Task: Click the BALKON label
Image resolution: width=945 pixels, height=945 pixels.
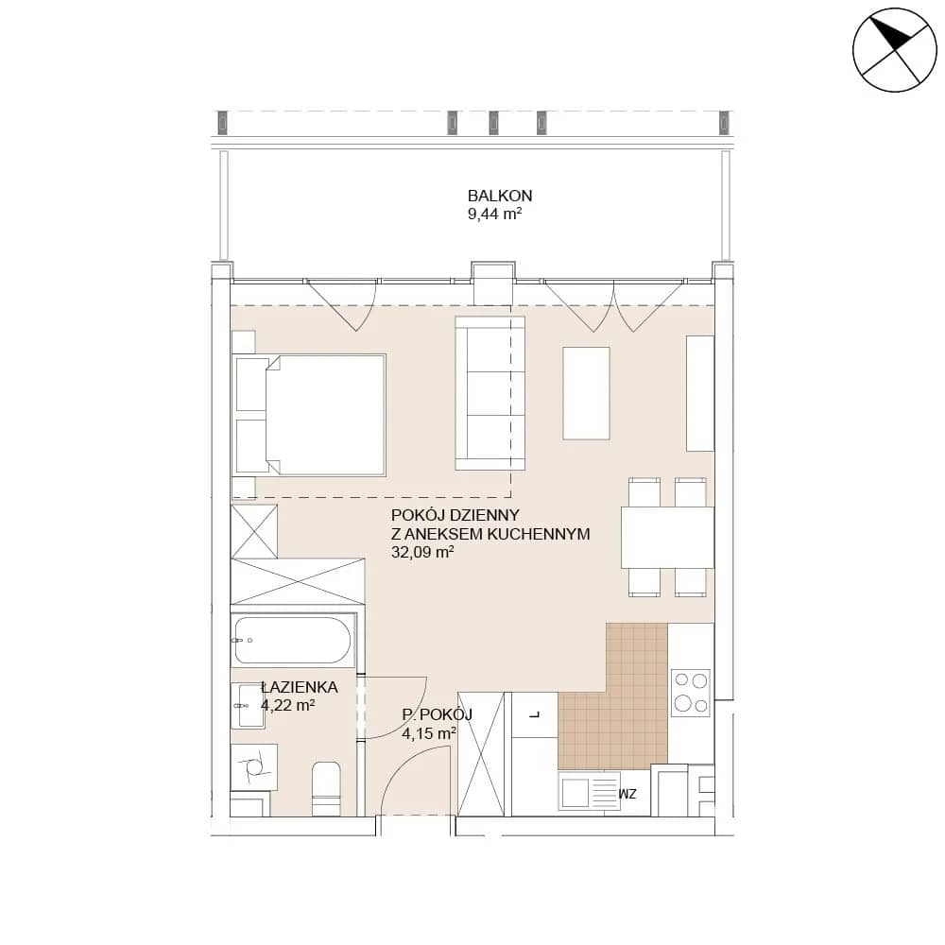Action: tap(500, 196)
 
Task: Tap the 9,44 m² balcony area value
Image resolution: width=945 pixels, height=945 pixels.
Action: tap(494, 214)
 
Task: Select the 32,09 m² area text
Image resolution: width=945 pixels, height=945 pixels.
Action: tap(421, 552)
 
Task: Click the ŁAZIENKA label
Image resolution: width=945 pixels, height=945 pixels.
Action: tap(300, 687)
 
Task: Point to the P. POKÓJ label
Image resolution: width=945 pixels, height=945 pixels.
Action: tap(437, 714)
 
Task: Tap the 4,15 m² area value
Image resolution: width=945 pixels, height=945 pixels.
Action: tap(428, 733)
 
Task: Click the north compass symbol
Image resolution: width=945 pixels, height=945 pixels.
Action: tap(894, 50)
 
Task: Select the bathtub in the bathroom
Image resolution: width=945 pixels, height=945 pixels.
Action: tap(293, 640)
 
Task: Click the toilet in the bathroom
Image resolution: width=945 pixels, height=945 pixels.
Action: tap(326, 788)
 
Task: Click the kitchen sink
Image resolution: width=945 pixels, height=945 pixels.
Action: tap(590, 791)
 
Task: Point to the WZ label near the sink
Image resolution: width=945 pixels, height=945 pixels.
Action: tap(627, 795)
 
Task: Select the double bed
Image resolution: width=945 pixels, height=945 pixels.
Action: tap(311, 415)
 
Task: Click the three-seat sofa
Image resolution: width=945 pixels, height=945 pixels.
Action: tap(490, 393)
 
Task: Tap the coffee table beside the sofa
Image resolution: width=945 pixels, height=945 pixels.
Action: tap(587, 393)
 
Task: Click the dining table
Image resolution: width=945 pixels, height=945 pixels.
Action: tap(668, 538)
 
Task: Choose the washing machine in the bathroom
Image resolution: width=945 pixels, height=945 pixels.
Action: tap(254, 767)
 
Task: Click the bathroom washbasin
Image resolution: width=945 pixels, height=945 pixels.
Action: tap(248, 706)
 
